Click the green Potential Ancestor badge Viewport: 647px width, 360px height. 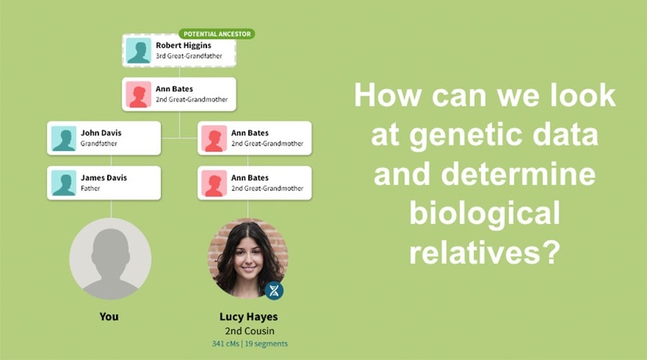(216, 34)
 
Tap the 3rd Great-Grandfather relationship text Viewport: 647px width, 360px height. (189, 56)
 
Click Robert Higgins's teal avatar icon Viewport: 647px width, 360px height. (139, 50)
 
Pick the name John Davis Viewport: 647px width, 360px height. (101, 132)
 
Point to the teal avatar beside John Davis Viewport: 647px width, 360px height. (64, 138)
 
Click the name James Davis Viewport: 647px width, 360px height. (104, 177)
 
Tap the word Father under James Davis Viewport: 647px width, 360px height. (90, 189)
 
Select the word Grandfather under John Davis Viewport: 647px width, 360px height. (98, 144)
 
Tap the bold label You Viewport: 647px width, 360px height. (109, 316)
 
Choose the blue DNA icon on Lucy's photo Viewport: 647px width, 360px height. (274, 290)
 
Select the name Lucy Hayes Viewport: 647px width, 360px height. (248, 317)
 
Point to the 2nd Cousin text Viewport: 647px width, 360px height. (248, 331)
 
